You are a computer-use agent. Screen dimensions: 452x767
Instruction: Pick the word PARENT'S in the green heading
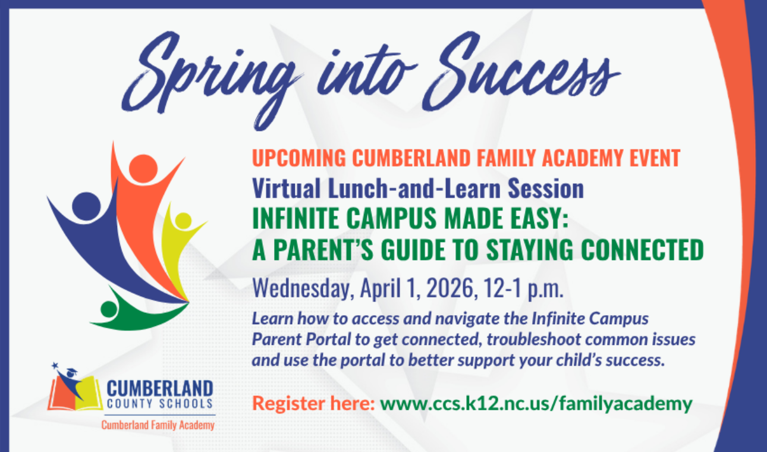(x=320, y=250)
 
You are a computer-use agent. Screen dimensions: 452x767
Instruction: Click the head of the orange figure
(x=143, y=169)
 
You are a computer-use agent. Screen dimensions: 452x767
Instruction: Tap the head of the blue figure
(x=86, y=206)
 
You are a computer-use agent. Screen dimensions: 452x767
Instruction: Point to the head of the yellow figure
(x=184, y=221)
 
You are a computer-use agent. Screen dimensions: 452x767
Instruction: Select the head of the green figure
(x=109, y=309)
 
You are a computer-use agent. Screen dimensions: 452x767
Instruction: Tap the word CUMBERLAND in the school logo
(x=159, y=389)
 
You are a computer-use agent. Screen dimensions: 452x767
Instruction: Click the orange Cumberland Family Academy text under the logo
(x=158, y=425)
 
